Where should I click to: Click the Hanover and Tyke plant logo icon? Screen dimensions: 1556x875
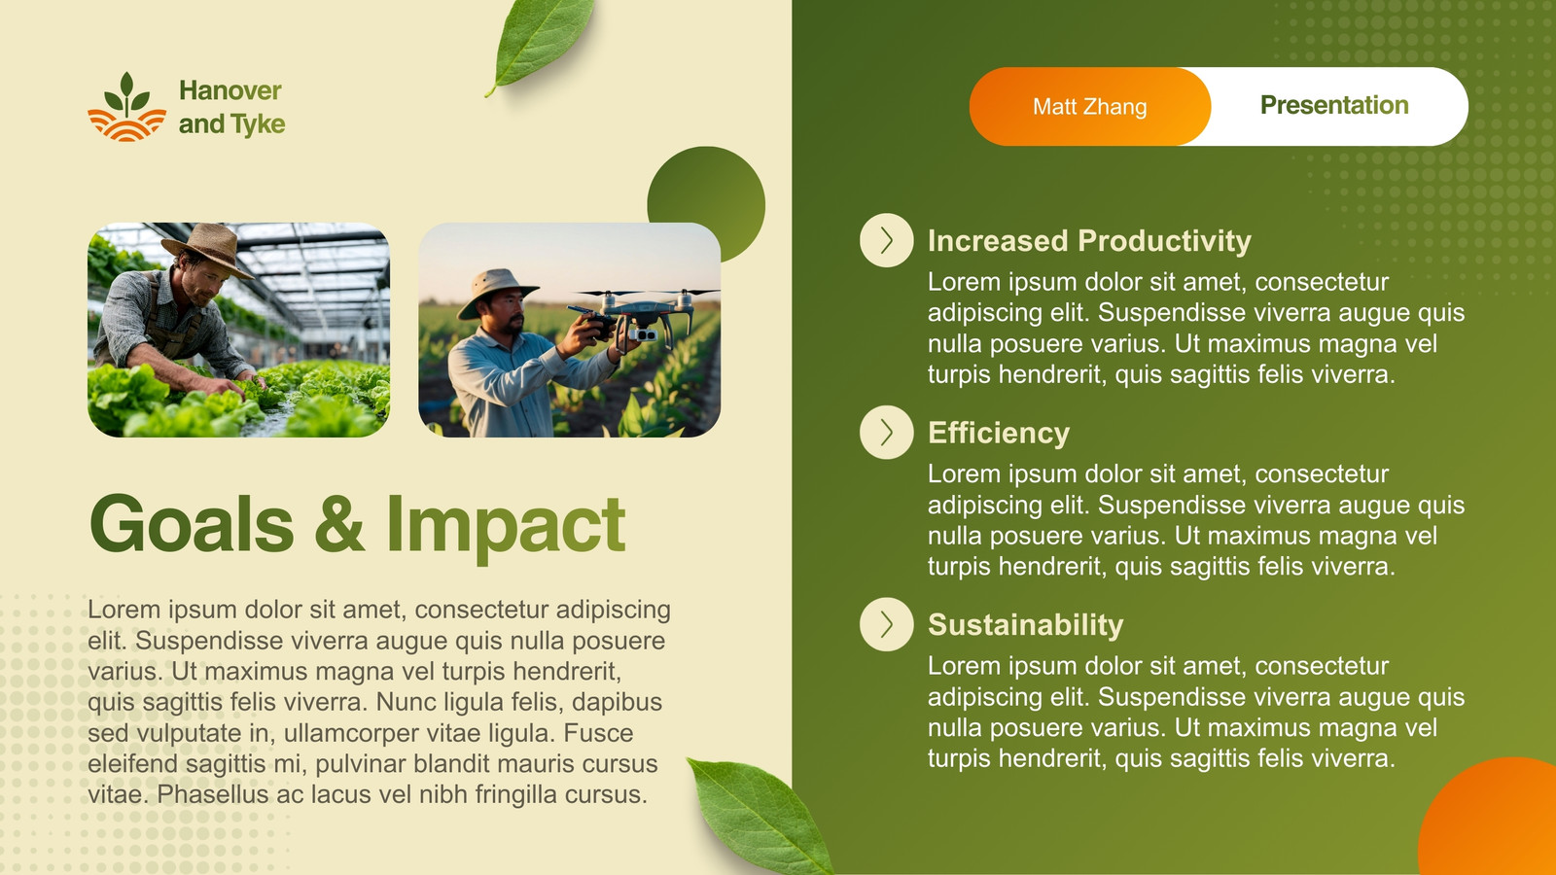coord(126,107)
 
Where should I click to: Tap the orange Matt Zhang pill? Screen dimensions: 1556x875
coord(1089,106)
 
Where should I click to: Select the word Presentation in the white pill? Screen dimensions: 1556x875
coord(1334,105)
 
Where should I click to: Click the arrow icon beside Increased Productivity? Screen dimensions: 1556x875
coord(886,240)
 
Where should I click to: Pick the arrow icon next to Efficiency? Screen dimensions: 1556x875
coord(886,432)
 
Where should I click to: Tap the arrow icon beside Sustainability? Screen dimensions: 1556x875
coord(886,624)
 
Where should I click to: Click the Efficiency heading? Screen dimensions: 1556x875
coord(998,434)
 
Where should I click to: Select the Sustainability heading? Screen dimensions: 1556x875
coord(1025,625)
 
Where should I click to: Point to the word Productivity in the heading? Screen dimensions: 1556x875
coord(1164,241)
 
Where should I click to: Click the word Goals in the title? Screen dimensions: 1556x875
coord(192,524)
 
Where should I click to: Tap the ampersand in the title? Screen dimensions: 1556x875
coord(339,524)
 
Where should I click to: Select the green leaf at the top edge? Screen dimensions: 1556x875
coord(541,43)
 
